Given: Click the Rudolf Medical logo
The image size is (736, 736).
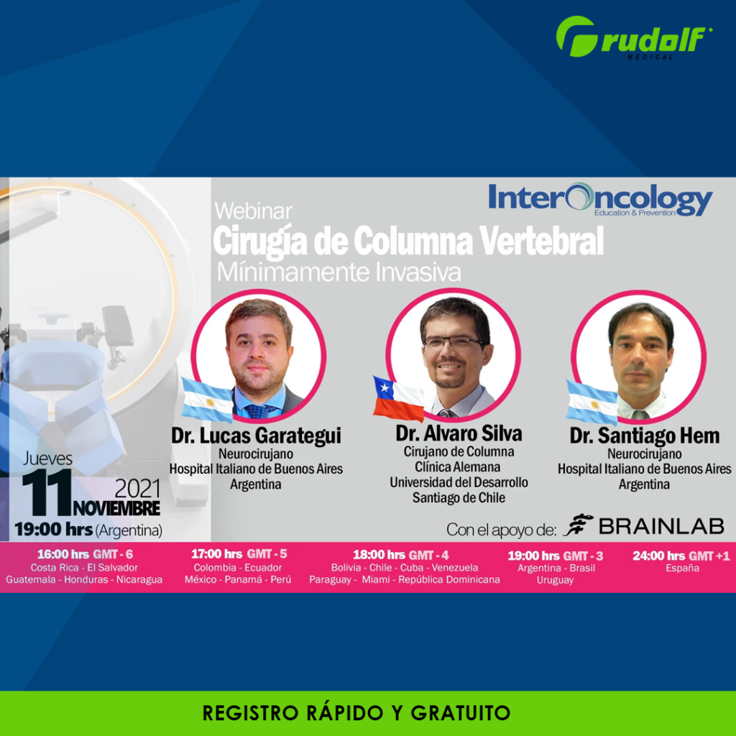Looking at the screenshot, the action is (634, 38).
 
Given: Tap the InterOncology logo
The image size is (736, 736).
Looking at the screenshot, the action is (600, 199).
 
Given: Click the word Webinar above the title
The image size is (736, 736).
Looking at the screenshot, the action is (254, 211).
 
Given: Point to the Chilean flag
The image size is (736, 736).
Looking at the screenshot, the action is (398, 398).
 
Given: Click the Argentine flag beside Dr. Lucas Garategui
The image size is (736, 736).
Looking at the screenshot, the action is (208, 400).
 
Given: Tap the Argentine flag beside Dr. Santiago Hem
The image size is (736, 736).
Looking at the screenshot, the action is (592, 402).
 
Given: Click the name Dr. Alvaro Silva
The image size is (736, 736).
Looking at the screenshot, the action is (459, 433).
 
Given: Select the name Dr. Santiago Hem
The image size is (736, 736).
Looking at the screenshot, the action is (645, 436).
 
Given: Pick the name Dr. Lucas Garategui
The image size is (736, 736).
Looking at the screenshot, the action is (256, 436).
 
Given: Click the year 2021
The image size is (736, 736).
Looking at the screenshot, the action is (137, 489).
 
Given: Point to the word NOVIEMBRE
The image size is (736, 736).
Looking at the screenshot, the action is (116, 508).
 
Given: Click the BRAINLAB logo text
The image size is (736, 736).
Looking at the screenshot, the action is (661, 526).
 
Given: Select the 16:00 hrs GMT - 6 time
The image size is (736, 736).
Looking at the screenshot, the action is (85, 554).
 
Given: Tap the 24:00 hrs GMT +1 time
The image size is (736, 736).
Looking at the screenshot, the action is (681, 556).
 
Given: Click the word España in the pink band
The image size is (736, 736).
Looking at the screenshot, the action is (683, 569).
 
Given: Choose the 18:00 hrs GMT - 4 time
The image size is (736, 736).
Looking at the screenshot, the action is (401, 555).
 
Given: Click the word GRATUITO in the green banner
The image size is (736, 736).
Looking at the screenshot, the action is (461, 713).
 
